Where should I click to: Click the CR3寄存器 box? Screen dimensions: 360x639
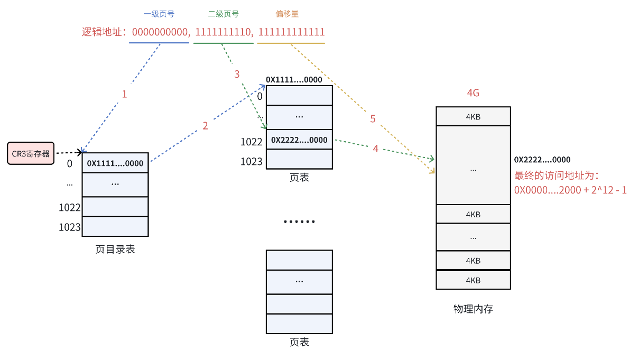[31, 154]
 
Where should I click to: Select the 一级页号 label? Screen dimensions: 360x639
[159, 14]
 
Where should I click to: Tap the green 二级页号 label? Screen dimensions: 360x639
[224, 14]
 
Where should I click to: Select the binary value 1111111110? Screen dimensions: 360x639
[223, 32]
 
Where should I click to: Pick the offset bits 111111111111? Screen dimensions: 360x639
[291, 32]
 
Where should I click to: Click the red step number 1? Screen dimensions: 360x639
[124, 94]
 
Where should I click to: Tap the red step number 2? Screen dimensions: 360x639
[205, 126]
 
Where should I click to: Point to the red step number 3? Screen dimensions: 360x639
[237, 74]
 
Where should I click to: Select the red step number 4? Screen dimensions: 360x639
[375, 149]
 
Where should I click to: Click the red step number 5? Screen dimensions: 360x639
[373, 119]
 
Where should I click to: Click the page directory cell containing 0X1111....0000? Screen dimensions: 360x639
[115, 163]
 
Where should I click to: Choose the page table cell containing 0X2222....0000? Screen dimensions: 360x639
[299, 140]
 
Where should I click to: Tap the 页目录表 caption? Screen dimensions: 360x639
[115, 249]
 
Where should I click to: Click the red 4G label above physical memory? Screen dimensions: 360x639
[473, 93]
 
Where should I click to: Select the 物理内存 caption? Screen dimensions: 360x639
[473, 309]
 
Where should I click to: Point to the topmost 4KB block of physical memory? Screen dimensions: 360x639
[473, 116]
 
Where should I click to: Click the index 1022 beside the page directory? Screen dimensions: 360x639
[70, 208]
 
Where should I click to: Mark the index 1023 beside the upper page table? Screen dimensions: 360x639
[252, 161]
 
